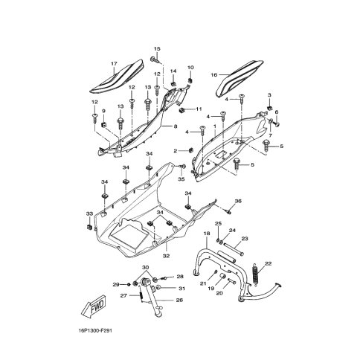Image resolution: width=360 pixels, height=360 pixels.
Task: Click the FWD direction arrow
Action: (x=94, y=306)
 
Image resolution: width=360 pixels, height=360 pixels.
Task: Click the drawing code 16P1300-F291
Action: (x=94, y=331)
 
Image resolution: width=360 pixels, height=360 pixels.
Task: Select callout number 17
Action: (x=114, y=64)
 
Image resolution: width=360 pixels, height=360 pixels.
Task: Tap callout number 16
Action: (x=214, y=74)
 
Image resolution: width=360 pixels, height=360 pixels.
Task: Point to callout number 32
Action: (x=166, y=256)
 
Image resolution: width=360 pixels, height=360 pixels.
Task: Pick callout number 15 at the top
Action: (x=157, y=49)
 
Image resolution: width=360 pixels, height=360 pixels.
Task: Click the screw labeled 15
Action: (x=154, y=60)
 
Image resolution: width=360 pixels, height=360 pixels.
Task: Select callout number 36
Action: (x=238, y=201)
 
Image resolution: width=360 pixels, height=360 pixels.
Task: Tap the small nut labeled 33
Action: (x=89, y=227)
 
